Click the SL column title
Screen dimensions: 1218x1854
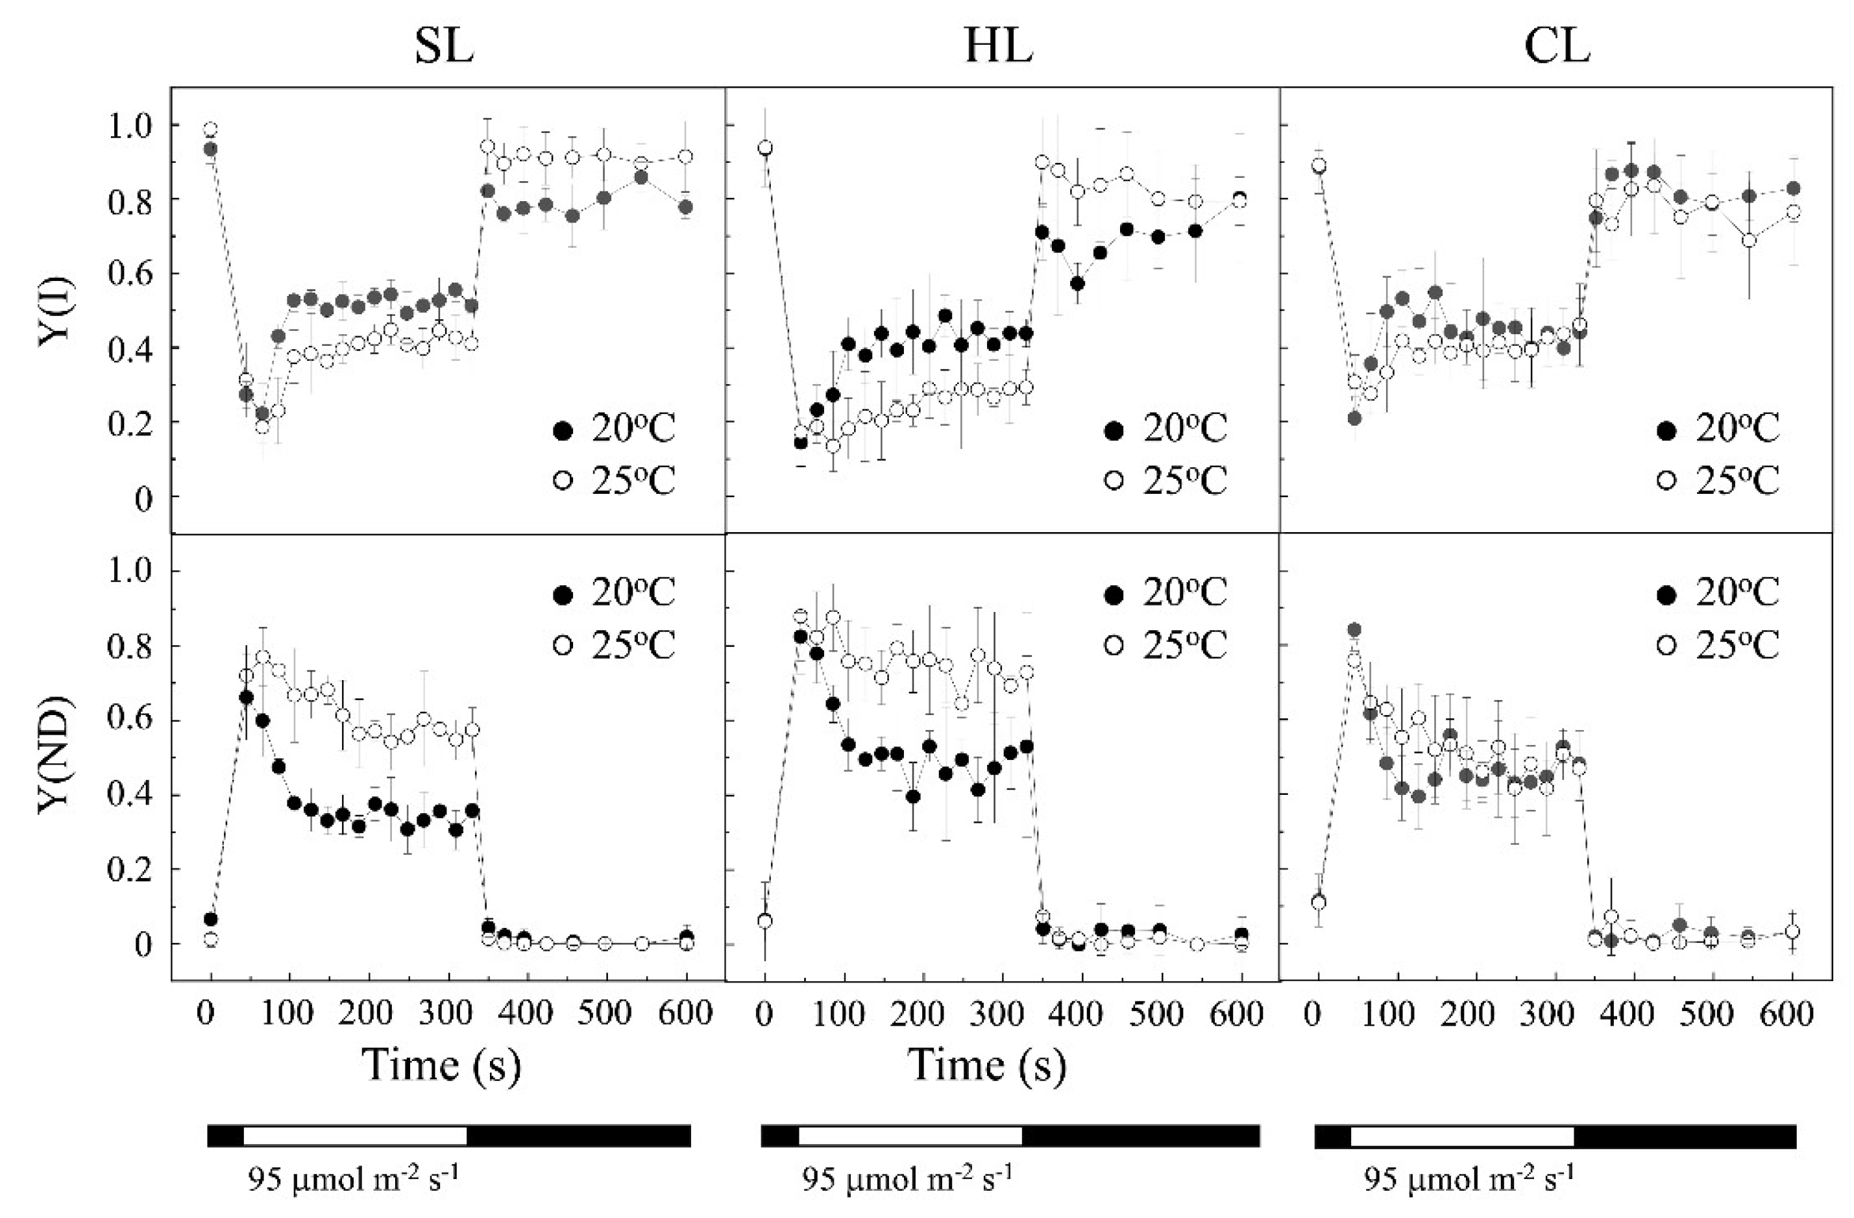(x=444, y=48)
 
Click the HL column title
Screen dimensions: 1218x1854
(x=999, y=48)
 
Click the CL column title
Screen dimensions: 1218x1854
(x=1556, y=48)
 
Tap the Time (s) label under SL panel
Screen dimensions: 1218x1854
(x=442, y=1065)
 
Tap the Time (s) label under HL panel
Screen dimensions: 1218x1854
(x=987, y=1065)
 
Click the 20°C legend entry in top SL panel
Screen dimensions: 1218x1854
(x=615, y=429)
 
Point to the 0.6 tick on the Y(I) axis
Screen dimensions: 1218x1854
(x=132, y=273)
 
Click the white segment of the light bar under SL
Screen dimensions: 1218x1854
(x=354, y=1136)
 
